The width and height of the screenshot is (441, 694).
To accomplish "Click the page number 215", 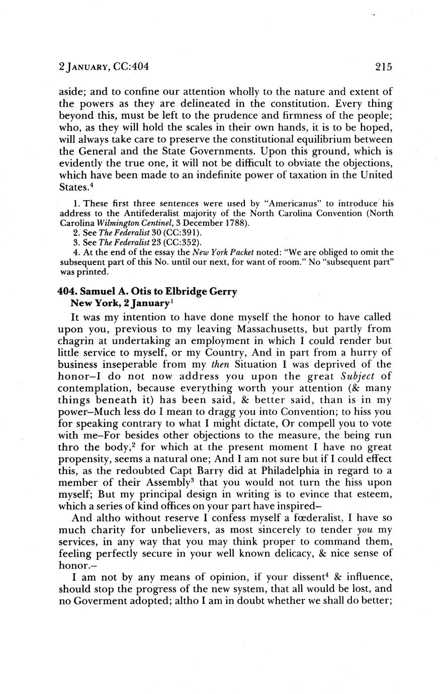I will click(x=383, y=66).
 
